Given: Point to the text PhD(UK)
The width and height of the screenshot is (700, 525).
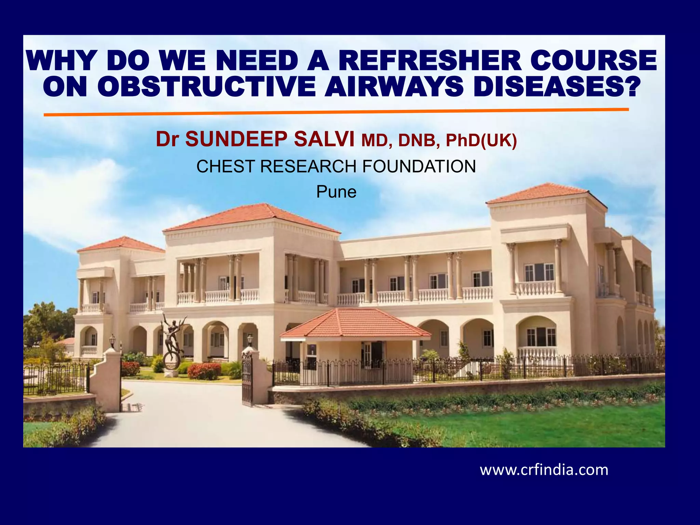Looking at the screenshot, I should pyautogui.click(x=481, y=140).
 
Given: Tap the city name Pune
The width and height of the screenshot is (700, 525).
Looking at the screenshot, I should pyautogui.click(x=336, y=192).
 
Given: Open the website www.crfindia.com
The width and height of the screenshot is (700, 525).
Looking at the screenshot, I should pyautogui.click(x=544, y=470).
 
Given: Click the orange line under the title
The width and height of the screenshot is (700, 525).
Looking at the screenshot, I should pyautogui.click(x=336, y=112).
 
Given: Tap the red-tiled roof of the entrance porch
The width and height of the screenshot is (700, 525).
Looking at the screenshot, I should pyautogui.click(x=355, y=323).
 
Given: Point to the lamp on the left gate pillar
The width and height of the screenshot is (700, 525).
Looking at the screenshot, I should pyautogui.click(x=112, y=340).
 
